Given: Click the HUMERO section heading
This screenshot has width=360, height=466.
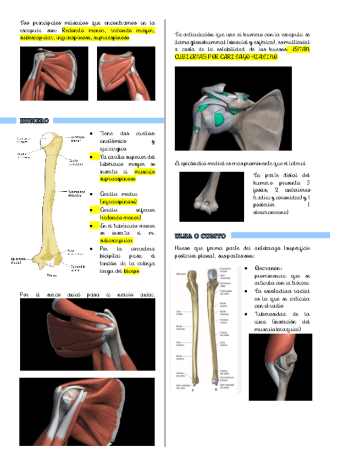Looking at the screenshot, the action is [x=34, y=121].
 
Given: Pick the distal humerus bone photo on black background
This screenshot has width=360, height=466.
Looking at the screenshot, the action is [x=211, y=196].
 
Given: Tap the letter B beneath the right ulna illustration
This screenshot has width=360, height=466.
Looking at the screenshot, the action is [x=213, y=391].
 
